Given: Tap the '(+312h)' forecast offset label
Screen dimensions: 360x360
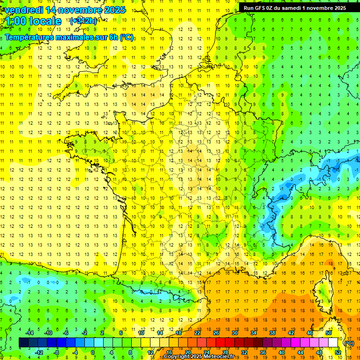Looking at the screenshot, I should coord(83,21).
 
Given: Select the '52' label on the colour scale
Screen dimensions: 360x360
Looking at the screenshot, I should coord(338,352).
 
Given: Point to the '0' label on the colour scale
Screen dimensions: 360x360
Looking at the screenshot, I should coord(93,352).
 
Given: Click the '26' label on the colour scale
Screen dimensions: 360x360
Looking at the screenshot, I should coord(216,333).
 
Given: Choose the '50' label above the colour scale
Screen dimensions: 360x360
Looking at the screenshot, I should coord(329,333).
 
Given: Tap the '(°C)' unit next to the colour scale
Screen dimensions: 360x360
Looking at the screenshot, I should coord(349,343).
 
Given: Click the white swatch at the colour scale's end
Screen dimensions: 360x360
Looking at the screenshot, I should coord(333,343).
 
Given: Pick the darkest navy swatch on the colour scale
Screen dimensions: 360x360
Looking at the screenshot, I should coord(23,343).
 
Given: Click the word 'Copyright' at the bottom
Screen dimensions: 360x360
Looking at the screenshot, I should coord(179,357).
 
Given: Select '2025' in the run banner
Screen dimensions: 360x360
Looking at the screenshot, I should coord(337,8).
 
